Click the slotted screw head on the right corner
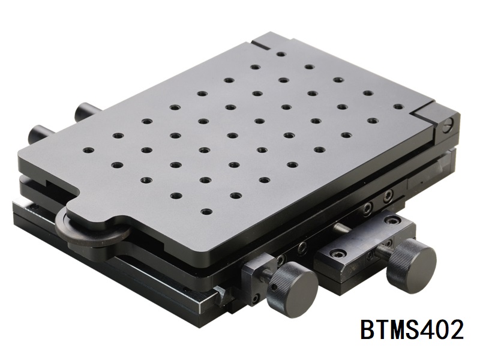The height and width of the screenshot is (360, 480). (x=446, y=126)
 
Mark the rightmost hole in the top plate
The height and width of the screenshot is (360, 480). (x=397, y=107)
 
